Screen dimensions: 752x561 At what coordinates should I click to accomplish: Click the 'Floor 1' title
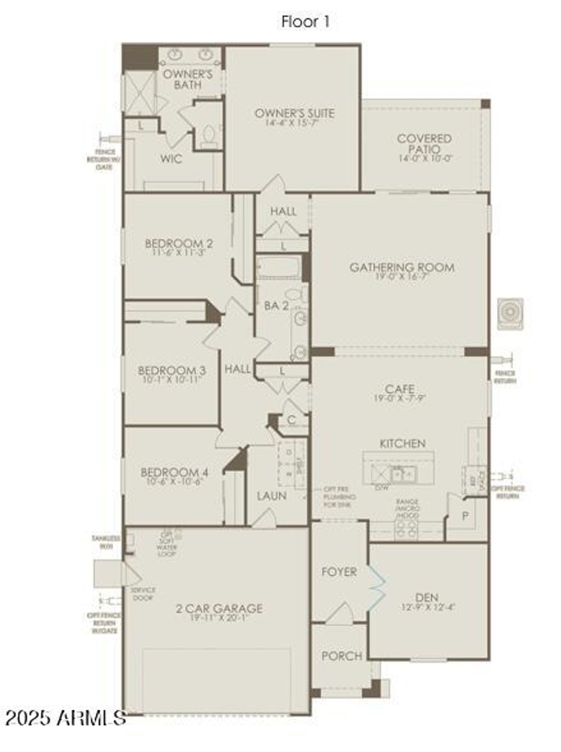[x=305, y=22]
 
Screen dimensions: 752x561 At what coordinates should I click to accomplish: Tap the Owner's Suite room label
[x=295, y=113]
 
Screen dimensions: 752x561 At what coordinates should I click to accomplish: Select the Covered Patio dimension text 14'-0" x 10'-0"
[x=425, y=159]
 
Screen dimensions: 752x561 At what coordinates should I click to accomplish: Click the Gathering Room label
[x=402, y=267]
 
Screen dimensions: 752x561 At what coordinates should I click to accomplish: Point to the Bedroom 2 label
[x=179, y=244]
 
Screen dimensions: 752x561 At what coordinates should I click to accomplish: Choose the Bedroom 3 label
[x=171, y=371]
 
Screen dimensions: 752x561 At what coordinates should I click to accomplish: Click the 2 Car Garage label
[x=219, y=608]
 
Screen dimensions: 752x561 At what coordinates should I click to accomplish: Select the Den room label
[x=427, y=598]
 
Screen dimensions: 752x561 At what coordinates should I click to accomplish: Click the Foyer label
[x=339, y=572]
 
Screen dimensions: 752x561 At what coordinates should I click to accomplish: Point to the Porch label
[x=341, y=656]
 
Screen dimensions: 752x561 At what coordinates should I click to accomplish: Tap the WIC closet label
[x=171, y=159]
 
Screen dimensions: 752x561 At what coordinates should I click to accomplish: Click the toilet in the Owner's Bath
[x=209, y=135]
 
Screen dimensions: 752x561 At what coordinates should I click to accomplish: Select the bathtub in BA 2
[x=279, y=268]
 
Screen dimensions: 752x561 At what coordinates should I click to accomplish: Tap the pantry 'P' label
[x=465, y=516]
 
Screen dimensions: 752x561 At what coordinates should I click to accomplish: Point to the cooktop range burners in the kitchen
[x=407, y=528]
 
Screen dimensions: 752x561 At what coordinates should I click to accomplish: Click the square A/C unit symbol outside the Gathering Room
[x=510, y=314]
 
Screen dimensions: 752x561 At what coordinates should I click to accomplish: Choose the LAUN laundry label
[x=272, y=496]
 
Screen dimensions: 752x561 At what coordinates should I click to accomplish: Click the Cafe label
[x=399, y=389]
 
